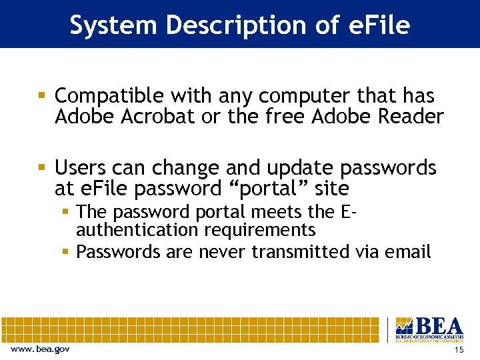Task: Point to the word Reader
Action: (x=411, y=117)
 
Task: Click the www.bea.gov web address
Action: (x=40, y=349)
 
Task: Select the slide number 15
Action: (x=458, y=350)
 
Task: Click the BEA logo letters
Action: (x=438, y=326)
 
